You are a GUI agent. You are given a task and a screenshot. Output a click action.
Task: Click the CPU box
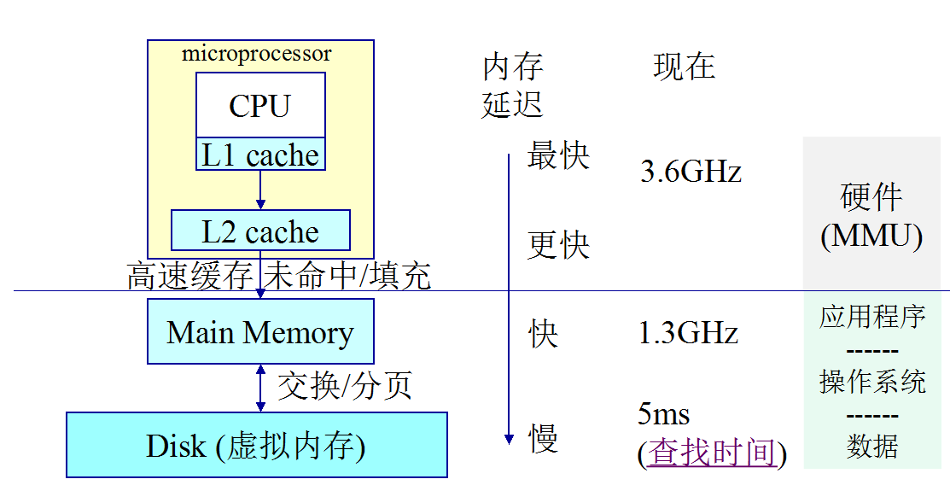[x=260, y=105]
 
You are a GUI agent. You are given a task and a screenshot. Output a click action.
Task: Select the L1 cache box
[x=260, y=155]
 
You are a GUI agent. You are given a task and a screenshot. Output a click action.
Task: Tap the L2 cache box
[x=260, y=231]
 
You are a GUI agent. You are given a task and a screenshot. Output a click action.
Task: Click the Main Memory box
[x=260, y=331]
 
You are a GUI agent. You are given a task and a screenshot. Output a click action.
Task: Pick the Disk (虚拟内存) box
[x=256, y=445]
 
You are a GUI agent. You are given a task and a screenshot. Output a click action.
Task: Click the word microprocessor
[x=256, y=55]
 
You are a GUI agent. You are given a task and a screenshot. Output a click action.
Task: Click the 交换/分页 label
[x=345, y=386]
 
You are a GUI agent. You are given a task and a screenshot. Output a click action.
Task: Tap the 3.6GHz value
[x=691, y=172]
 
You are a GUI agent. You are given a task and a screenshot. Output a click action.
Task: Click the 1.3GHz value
[x=688, y=332]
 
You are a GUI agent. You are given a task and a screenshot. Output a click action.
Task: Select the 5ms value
[x=663, y=415]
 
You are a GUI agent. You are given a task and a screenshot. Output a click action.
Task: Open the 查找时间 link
[x=712, y=453]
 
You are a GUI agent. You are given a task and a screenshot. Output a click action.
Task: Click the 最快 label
[x=558, y=156]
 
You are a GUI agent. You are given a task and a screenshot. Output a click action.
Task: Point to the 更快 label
[x=558, y=245]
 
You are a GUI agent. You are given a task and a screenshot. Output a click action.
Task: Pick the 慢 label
[x=543, y=439]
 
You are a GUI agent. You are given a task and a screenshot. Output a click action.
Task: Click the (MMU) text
[x=871, y=237]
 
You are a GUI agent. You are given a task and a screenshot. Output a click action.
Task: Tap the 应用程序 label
[x=872, y=317]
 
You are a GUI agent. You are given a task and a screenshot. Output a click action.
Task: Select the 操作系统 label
[x=872, y=382]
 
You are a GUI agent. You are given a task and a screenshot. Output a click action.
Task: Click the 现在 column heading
[x=684, y=67]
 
